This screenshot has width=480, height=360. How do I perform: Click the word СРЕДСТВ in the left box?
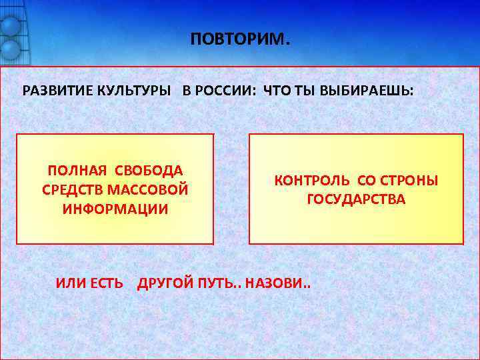69,190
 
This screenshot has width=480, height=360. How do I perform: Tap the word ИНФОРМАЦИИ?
115,209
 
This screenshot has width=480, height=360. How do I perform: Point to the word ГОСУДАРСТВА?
356,199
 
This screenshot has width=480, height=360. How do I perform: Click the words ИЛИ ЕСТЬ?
89,283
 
